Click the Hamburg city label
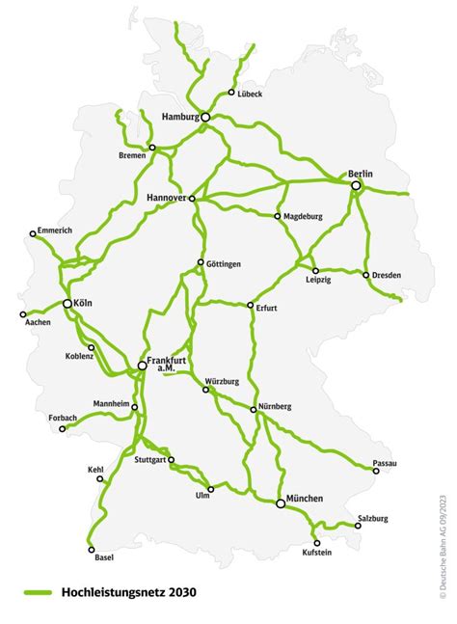click(x=180, y=117)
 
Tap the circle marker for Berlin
click(x=356, y=185)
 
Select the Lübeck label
click(x=250, y=94)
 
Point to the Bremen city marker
click(x=152, y=148)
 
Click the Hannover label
click(x=165, y=197)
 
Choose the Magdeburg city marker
click(x=278, y=216)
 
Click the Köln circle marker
click(x=67, y=304)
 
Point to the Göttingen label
click(x=223, y=263)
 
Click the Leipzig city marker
click(x=315, y=271)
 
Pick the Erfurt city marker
click(x=250, y=306)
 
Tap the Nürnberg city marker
click(x=253, y=410)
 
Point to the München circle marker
click(x=281, y=503)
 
